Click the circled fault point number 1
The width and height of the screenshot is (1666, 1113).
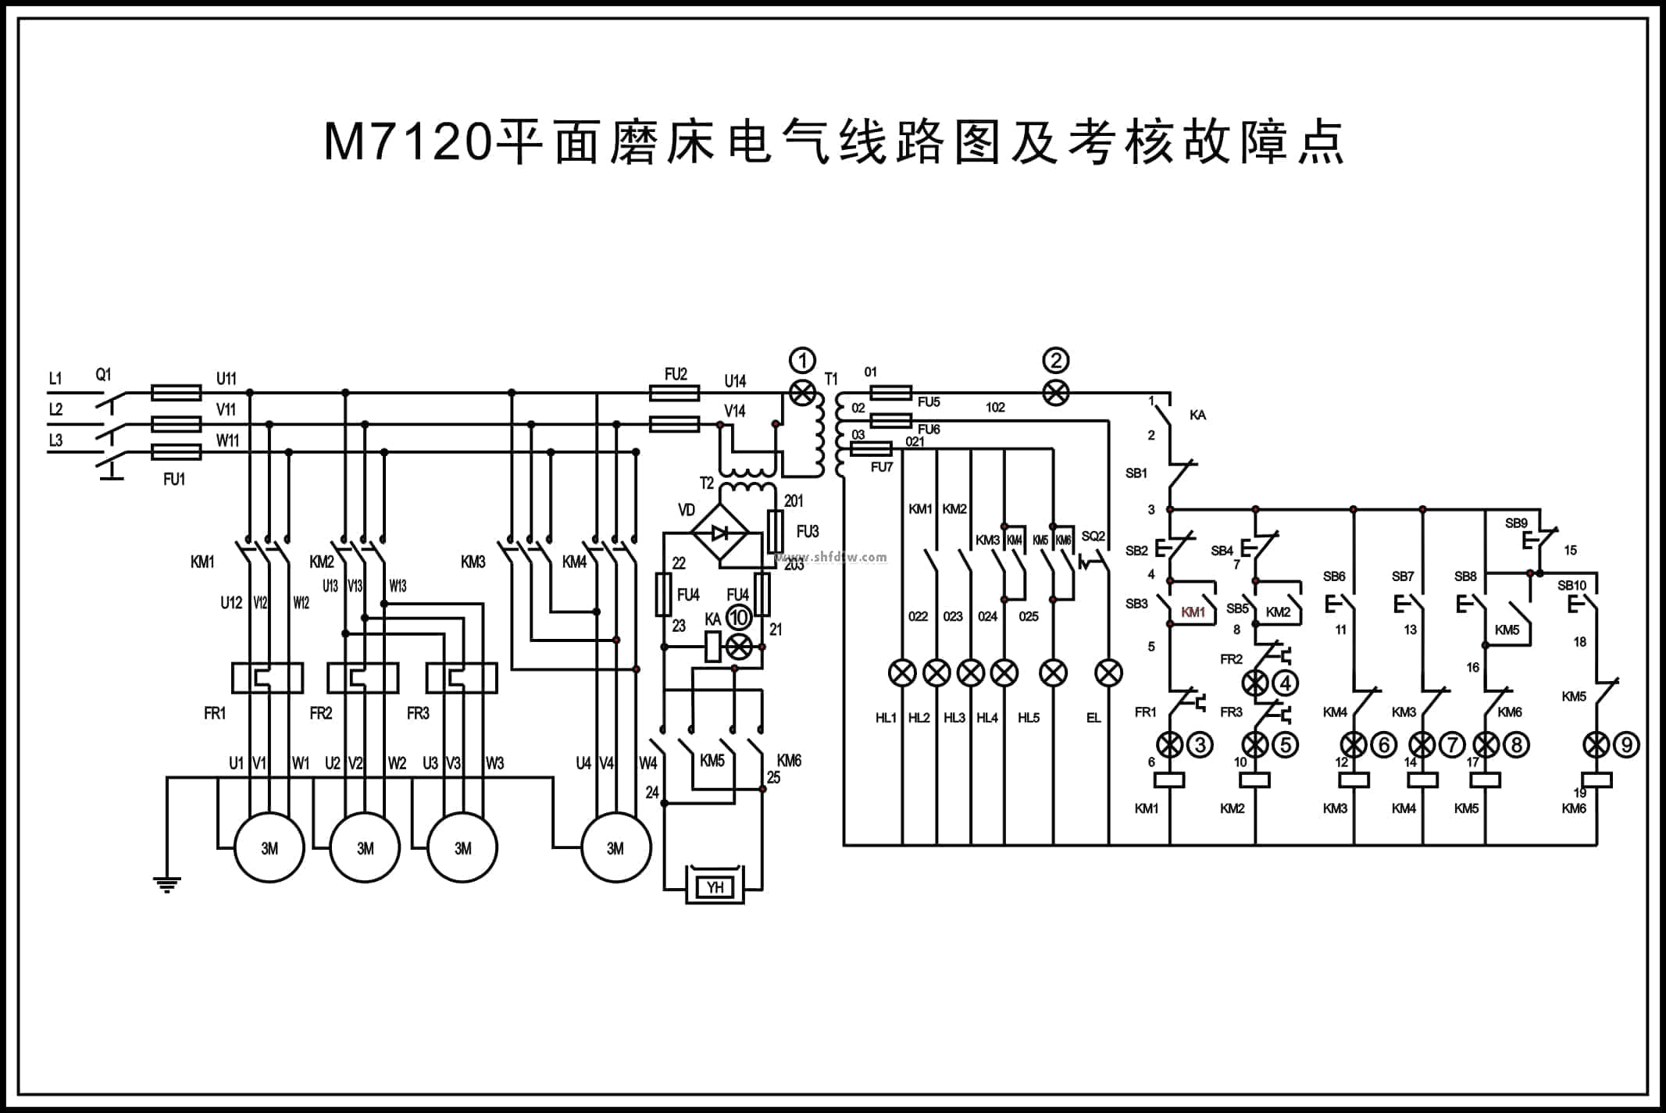coord(802,361)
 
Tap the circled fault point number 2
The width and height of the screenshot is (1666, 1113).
coord(1056,361)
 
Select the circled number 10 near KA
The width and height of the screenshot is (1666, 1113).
coord(738,618)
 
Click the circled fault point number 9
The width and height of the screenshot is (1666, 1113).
coord(1627,745)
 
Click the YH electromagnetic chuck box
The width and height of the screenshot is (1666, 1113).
coord(715,886)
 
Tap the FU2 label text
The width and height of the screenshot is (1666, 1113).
coord(676,375)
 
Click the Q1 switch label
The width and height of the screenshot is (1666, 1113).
coord(103,375)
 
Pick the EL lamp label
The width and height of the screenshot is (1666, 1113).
coord(1093,718)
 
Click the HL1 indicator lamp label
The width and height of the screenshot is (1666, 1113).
coord(886,718)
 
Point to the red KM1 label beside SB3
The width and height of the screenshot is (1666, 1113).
coord(1193,612)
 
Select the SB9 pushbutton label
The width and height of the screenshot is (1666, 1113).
coord(1516,523)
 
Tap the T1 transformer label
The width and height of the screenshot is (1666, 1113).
coord(831,380)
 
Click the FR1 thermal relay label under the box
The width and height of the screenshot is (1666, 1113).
coord(215,713)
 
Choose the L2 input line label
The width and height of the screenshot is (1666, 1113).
coord(55,409)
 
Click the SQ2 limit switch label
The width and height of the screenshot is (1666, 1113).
coord(1093,537)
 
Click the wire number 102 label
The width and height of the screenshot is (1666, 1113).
coord(995,408)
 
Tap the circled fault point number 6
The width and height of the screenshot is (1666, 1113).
coord(1384,745)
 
